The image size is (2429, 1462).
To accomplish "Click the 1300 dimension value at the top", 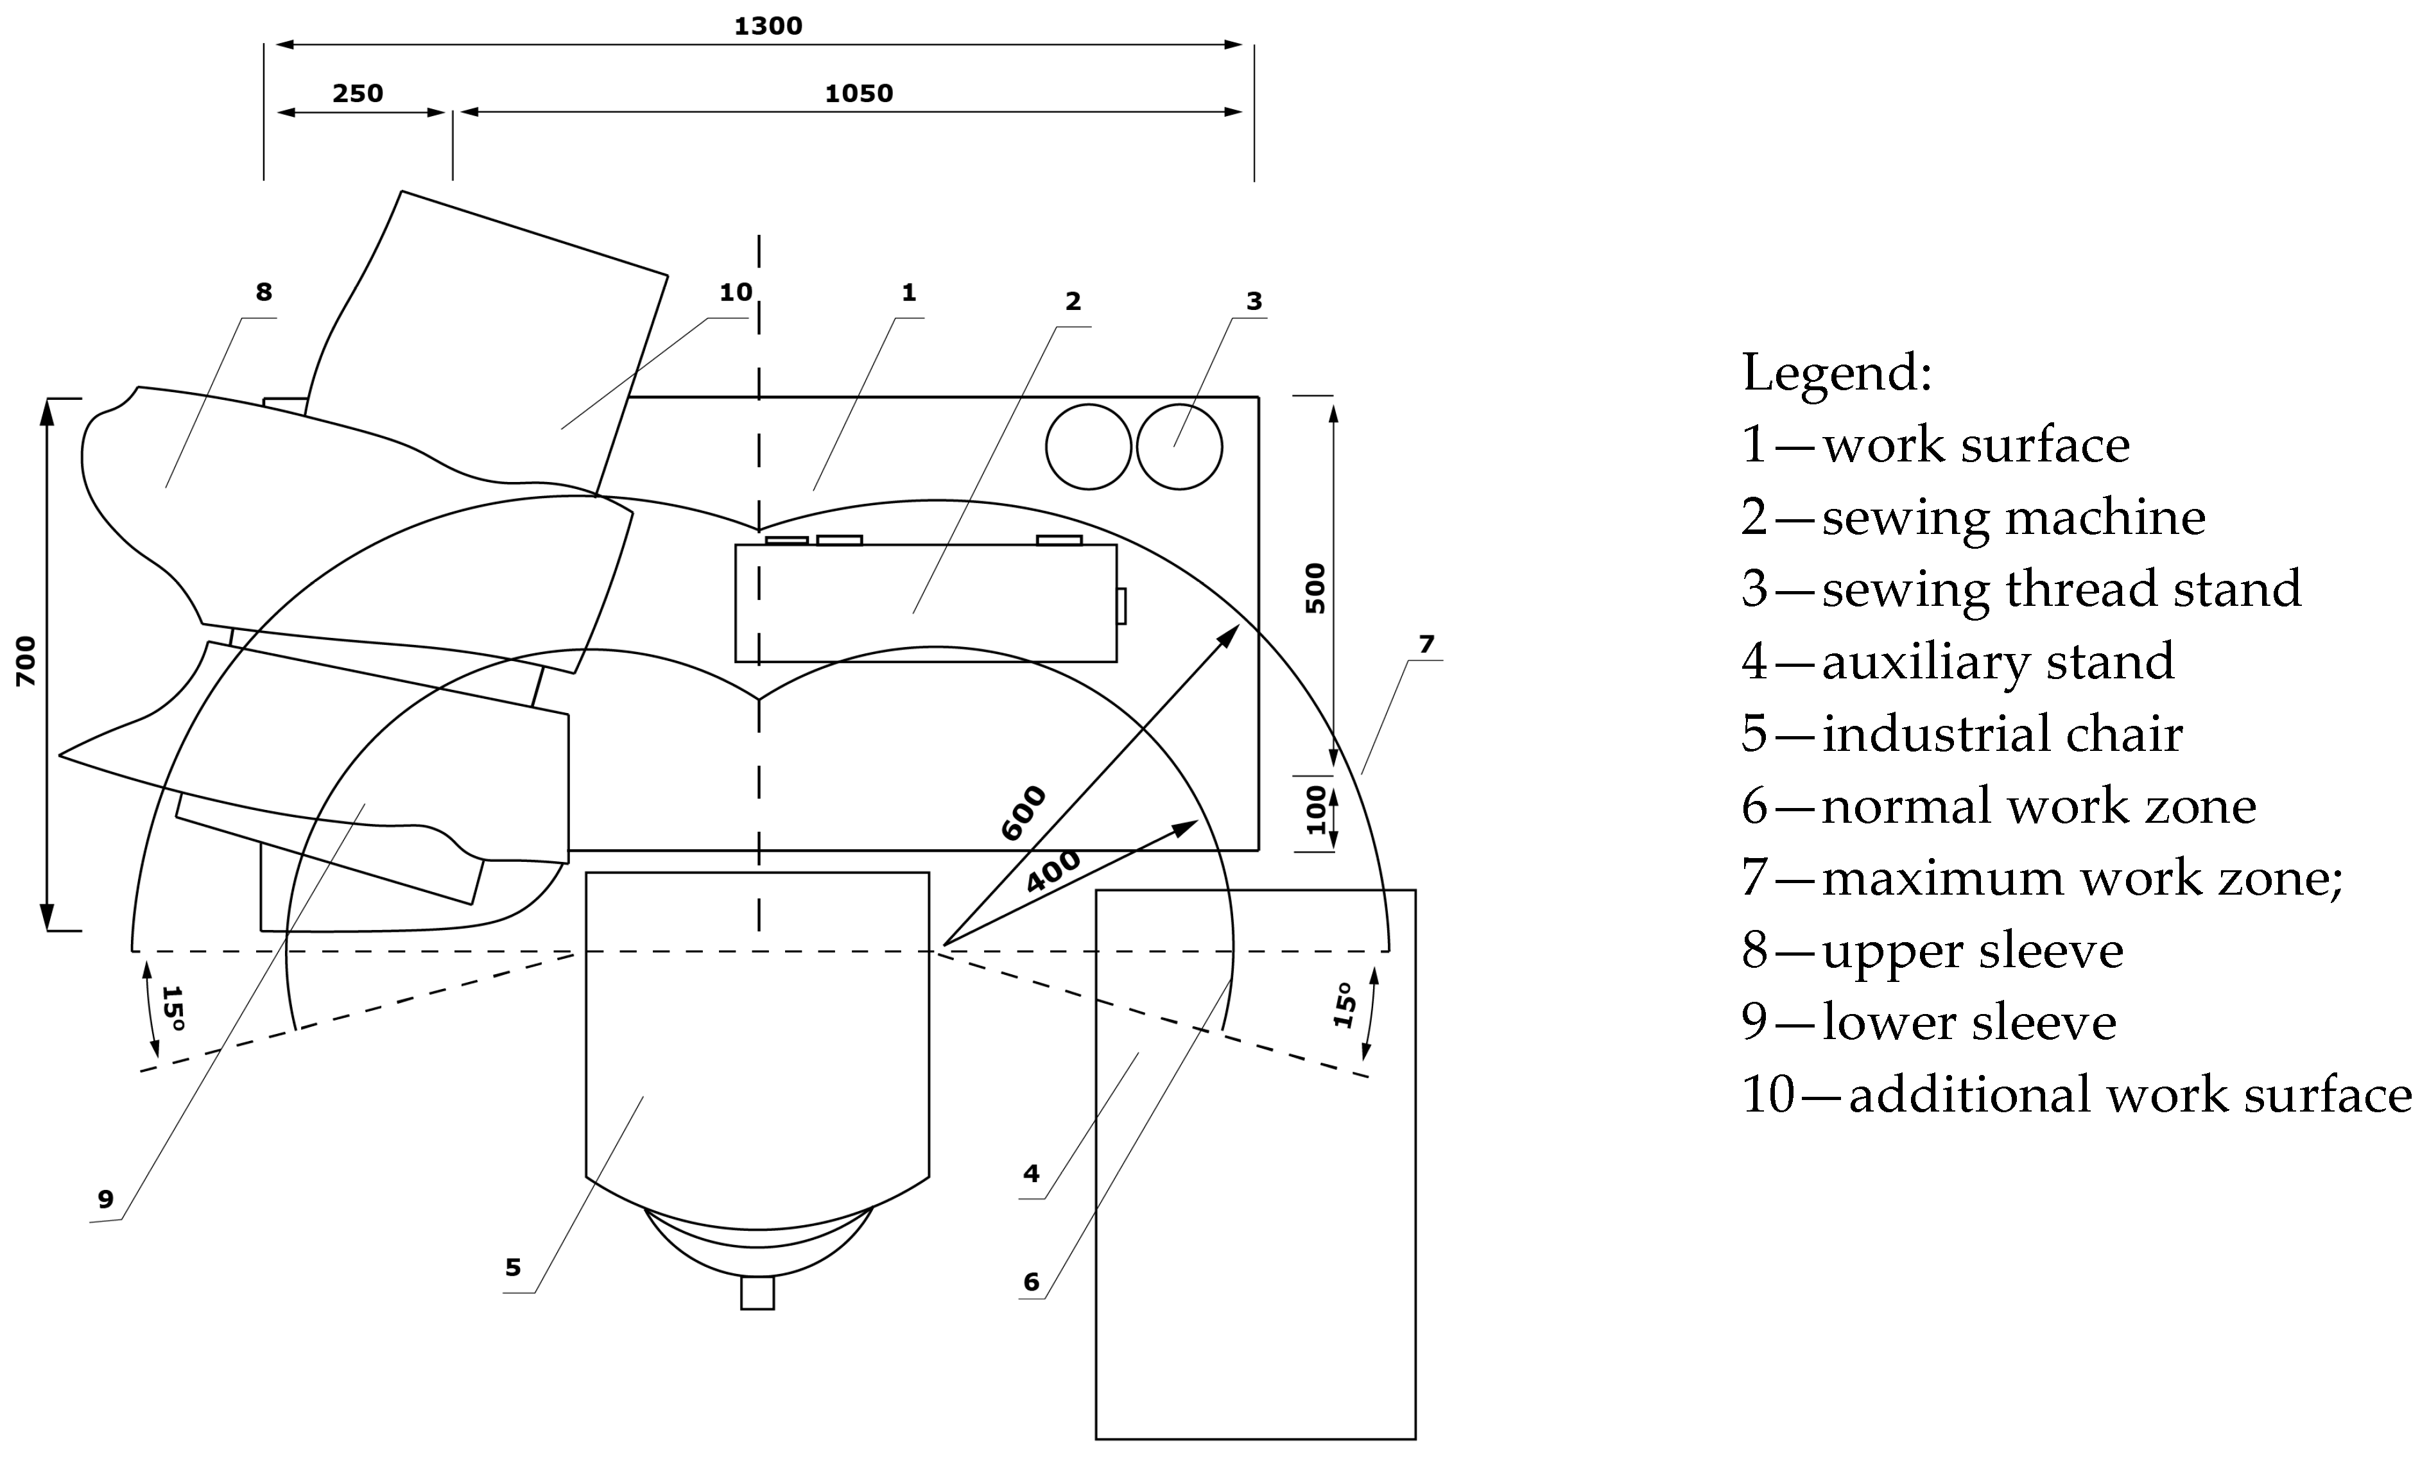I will coord(768,26).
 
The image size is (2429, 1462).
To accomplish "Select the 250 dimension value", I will coord(357,94).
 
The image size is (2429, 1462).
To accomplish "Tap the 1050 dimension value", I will coord(858,94).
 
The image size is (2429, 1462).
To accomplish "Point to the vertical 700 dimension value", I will coord(26,661).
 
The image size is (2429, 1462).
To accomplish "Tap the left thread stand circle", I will coord(1088,446).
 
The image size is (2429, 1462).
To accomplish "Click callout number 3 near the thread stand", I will coord(1254,300).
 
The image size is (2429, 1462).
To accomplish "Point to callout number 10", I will coord(735,291).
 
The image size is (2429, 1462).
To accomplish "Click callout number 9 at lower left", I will coord(105,1199).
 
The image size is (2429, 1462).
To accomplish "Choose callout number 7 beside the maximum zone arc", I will coord(1426,644).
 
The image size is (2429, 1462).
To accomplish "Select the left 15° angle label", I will coord(173,1007).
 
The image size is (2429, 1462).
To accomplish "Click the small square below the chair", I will coord(757,1293).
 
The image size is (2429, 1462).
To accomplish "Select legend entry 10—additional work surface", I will coord(2076,1094).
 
